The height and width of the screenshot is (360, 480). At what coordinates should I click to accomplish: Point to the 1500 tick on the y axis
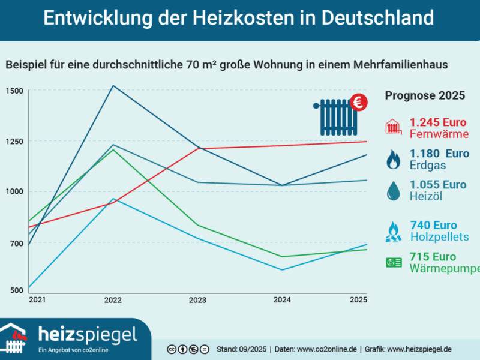pyautogui.click(x=14, y=91)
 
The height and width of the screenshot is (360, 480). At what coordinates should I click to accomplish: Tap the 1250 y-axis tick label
pyautogui.click(x=14, y=142)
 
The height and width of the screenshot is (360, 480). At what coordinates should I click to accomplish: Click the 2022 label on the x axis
pyautogui.click(x=113, y=300)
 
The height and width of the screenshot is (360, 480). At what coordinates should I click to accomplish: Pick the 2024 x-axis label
pyautogui.click(x=282, y=300)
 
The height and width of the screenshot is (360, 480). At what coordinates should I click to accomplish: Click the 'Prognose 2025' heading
pyautogui.click(x=424, y=95)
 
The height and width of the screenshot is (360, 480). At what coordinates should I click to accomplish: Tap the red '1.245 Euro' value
pyautogui.click(x=438, y=123)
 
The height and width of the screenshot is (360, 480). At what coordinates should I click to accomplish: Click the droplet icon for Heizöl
pyautogui.click(x=394, y=191)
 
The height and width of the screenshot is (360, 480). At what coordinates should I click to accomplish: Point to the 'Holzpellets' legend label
pyautogui.click(x=439, y=237)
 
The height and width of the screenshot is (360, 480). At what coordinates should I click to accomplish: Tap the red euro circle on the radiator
pyautogui.click(x=358, y=103)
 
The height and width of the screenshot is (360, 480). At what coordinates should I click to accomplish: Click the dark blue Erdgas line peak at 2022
pyautogui.click(x=113, y=86)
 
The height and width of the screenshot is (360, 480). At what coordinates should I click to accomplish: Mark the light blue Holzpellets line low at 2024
pyautogui.click(x=282, y=269)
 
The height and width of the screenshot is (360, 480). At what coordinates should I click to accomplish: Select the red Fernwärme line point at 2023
pyautogui.click(x=197, y=148)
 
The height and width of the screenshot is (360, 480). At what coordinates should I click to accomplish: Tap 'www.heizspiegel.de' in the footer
pyautogui.click(x=419, y=349)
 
